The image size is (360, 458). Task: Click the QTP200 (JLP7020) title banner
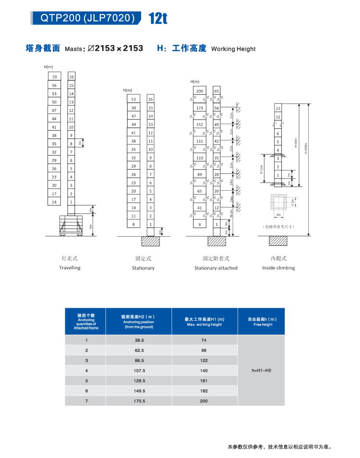point(87,18)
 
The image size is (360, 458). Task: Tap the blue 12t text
point(157,19)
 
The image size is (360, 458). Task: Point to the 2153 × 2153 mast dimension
point(119,48)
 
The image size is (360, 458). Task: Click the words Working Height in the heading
point(233,48)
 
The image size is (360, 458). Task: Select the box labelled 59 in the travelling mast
point(54,77)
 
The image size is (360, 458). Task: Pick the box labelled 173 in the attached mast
point(200,108)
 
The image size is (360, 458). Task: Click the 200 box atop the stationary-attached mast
point(200,91)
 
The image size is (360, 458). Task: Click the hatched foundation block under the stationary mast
point(150,241)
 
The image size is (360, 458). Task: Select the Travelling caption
point(70,267)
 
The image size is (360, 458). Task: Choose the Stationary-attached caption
point(216,268)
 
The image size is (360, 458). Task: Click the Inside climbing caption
point(278,267)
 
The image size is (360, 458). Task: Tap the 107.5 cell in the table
point(139,371)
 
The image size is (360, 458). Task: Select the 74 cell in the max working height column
point(204,340)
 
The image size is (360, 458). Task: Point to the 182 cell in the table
point(204,391)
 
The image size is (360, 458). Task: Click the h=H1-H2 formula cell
point(262,371)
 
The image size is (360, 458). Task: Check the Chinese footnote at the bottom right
point(279,447)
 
